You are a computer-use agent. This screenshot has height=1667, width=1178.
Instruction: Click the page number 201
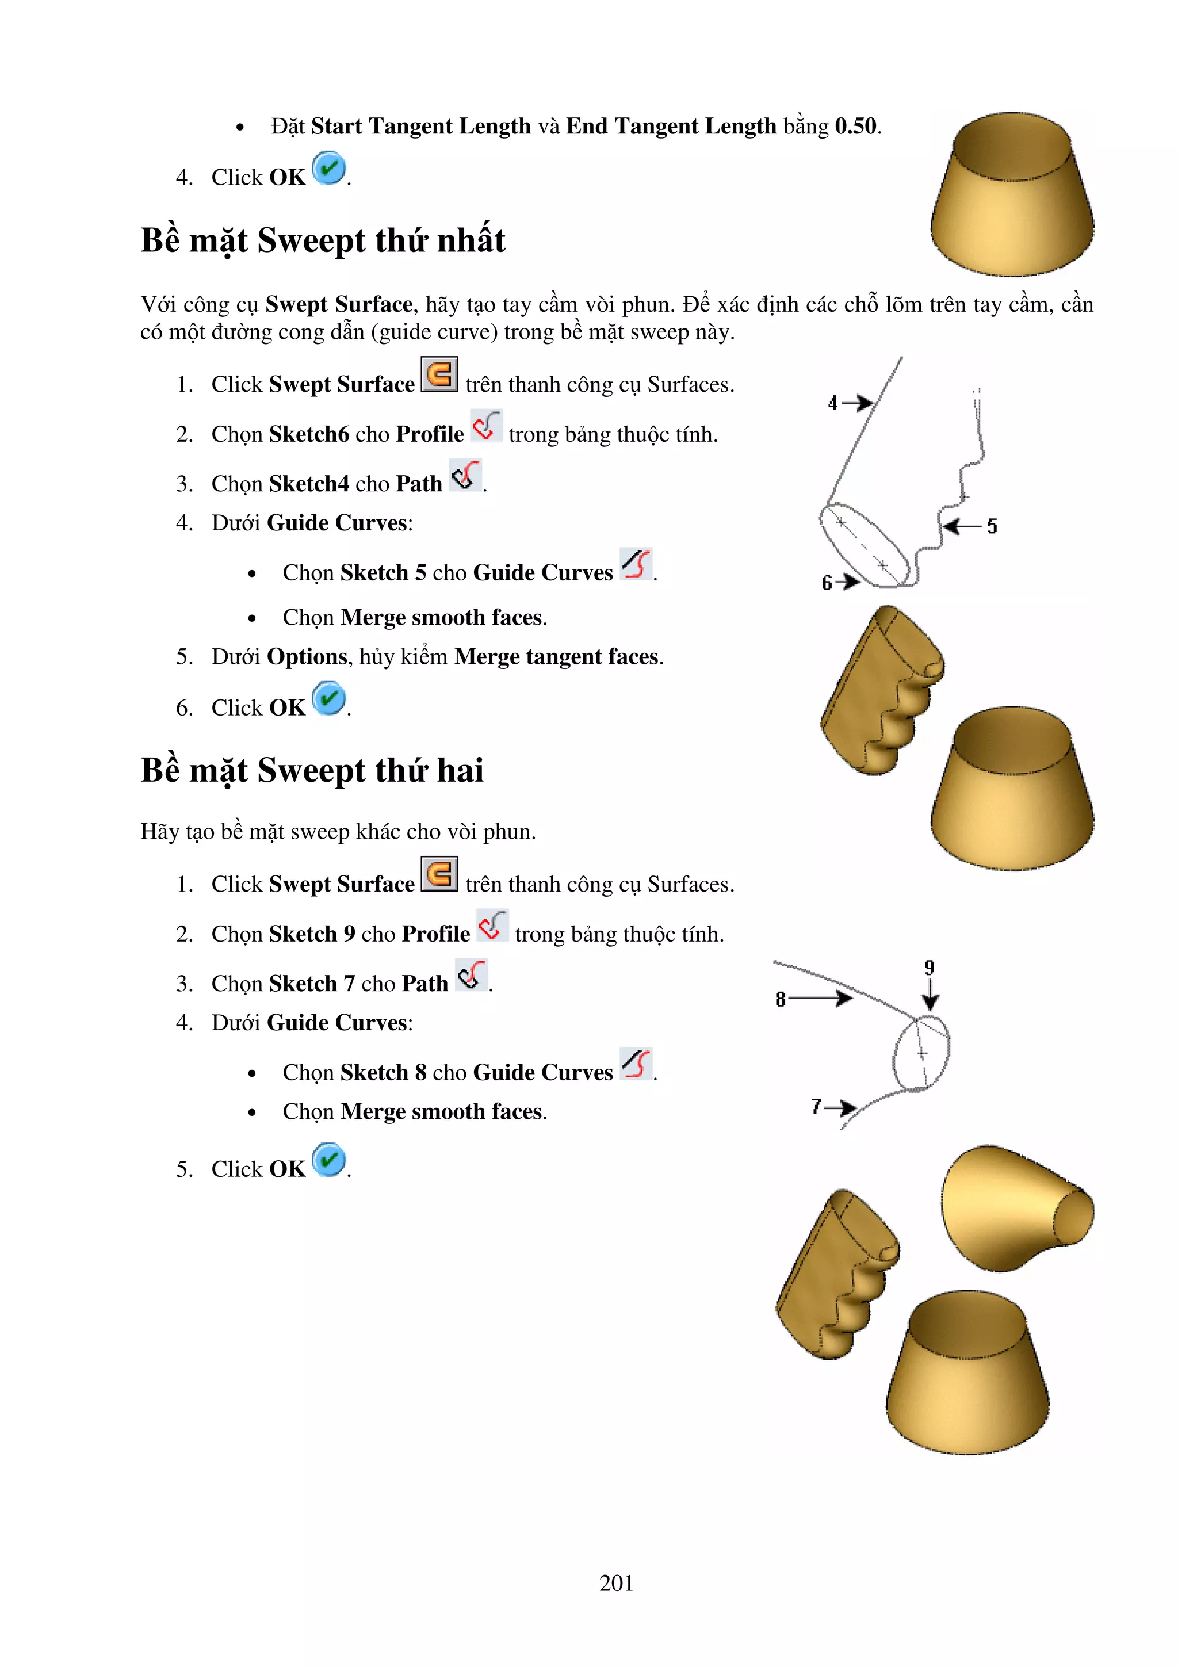coord(615,1582)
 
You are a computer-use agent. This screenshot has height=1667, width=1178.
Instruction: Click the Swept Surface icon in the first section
coord(439,374)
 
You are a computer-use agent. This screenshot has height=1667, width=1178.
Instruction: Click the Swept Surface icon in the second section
coord(439,874)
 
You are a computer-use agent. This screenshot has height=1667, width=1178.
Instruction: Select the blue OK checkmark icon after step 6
coord(329,698)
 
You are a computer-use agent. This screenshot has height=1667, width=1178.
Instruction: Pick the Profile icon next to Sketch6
coord(485,426)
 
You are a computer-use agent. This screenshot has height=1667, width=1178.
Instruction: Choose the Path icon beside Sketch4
coord(465,476)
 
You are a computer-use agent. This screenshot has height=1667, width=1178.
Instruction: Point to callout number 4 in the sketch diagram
coord(832,403)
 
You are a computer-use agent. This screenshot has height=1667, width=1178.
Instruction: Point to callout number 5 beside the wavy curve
coord(992,526)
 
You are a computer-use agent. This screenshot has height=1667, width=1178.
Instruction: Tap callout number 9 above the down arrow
coord(929,968)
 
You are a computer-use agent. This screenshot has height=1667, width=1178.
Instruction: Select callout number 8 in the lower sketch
coord(781,1000)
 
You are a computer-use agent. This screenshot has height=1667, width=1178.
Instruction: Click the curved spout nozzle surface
coord(1016,1209)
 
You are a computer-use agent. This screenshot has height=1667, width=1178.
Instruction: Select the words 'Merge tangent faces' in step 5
coord(557,657)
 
